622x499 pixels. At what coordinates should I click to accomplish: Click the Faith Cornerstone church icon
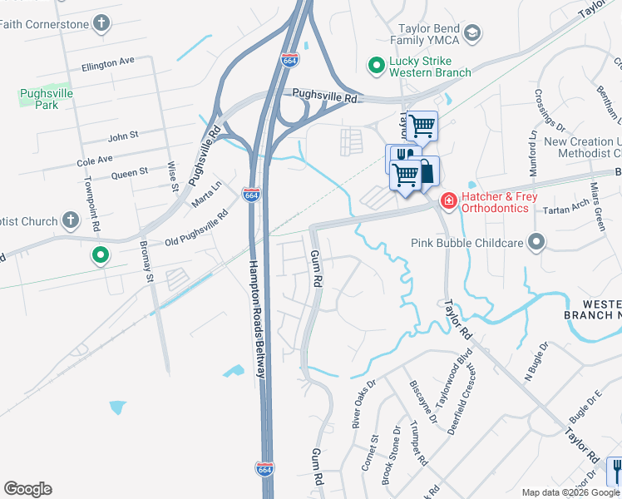click(x=101, y=23)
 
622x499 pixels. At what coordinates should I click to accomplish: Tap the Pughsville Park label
click(x=46, y=100)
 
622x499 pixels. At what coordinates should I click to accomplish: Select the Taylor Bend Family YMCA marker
click(x=472, y=33)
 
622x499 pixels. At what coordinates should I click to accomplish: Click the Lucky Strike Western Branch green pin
click(x=376, y=63)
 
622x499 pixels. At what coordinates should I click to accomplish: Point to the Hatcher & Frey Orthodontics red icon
click(x=448, y=200)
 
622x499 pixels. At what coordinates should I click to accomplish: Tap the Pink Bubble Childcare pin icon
click(x=536, y=243)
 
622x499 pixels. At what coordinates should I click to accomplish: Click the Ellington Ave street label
click(x=108, y=62)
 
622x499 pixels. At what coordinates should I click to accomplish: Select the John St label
click(x=122, y=134)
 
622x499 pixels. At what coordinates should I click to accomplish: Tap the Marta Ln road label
click(x=207, y=195)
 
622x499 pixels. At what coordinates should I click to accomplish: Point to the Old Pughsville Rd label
click(x=197, y=230)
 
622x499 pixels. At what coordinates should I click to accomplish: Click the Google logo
click(x=27, y=489)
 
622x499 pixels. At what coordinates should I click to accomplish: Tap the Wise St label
click(x=174, y=176)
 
